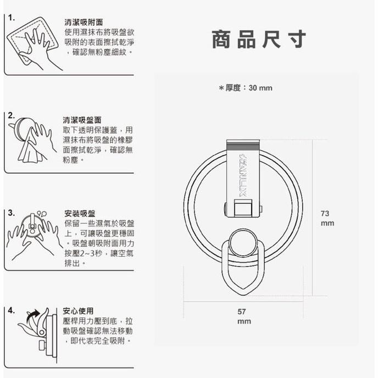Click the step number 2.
12,115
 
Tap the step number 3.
12,212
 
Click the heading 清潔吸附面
83,23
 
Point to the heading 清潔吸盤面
83,120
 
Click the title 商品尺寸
258,40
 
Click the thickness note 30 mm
245,88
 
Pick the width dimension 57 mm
242,316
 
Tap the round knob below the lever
243,242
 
